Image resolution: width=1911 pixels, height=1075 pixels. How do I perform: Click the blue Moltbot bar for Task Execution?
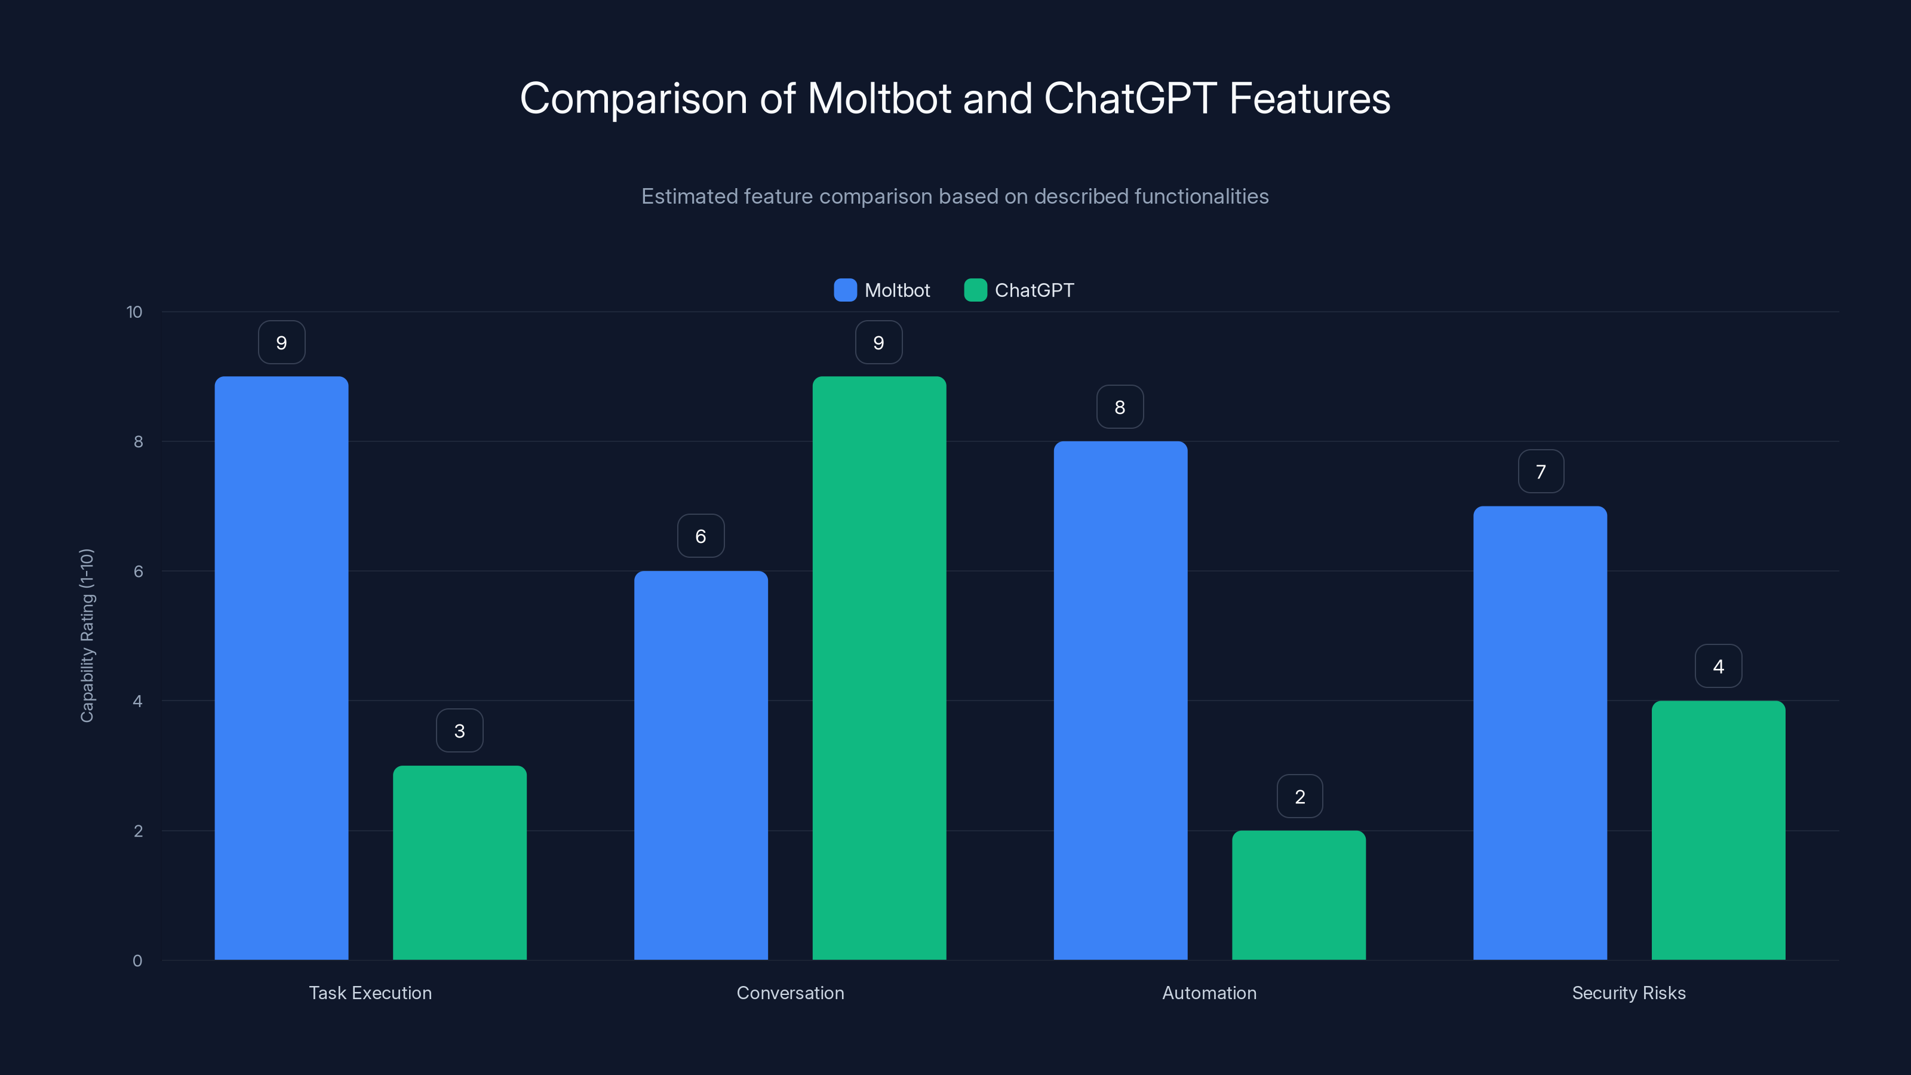[x=281, y=668]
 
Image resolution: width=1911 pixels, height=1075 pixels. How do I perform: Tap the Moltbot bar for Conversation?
[x=701, y=765]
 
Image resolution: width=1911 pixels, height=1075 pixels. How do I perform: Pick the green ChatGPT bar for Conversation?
[x=879, y=668]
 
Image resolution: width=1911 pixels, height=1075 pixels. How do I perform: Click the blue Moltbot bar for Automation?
[x=1120, y=701]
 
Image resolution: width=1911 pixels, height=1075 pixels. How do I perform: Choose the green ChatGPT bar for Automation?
[x=1298, y=895]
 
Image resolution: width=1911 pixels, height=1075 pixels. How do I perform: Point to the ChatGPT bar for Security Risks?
[x=1718, y=830]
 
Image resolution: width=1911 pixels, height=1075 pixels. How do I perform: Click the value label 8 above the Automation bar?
[x=1120, y=407]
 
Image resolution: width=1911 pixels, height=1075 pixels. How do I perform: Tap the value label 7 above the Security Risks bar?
[x=1541, y=471]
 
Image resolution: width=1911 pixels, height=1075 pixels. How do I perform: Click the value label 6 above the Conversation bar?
[x=701, y=536]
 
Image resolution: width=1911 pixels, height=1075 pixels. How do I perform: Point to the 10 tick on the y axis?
[x=134, y=312]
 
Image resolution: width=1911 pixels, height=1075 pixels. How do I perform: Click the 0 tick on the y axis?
[x=137, y=961]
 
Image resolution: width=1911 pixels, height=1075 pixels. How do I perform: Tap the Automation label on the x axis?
[x=1209, y=993]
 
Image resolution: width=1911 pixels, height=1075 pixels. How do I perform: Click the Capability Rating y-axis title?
[x=87, y=635]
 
